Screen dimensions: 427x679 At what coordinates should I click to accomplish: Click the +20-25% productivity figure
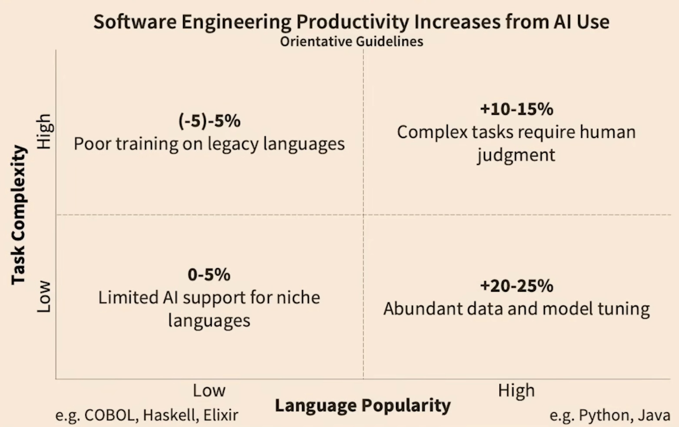pyautogui.click(x=516, y=286)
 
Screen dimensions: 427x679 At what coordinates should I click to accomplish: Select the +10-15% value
pyautogui.click(x=516, y=109)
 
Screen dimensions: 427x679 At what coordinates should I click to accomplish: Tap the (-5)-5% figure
pyautogui.click(x=209, y=121)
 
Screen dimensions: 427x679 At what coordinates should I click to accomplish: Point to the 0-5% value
pyautogui.click(x=209, y=274)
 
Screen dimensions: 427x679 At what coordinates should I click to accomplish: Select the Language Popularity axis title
pyautogui.click(x=363, y=405)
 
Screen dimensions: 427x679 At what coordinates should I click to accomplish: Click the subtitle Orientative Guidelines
pyautogui.click(x=351, y=41)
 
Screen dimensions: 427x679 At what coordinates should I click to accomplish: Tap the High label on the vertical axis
pyautogui.click(x=44, y=131)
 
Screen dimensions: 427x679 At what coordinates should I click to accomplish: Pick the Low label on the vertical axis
pyautogui.click(x=44, y=297)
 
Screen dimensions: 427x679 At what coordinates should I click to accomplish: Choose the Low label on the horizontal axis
pyautogui.click(x=209, y=390)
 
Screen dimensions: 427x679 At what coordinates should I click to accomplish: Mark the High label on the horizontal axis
pyautogui.click(x=516, y=390)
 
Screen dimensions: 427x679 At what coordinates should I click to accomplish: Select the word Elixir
pyautogui.click(x=221, y=415)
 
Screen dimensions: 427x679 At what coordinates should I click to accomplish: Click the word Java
pyautogui.click(x=654, y=415)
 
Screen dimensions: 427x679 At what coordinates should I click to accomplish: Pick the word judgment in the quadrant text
pyautogui.click(x=516, y=155)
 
